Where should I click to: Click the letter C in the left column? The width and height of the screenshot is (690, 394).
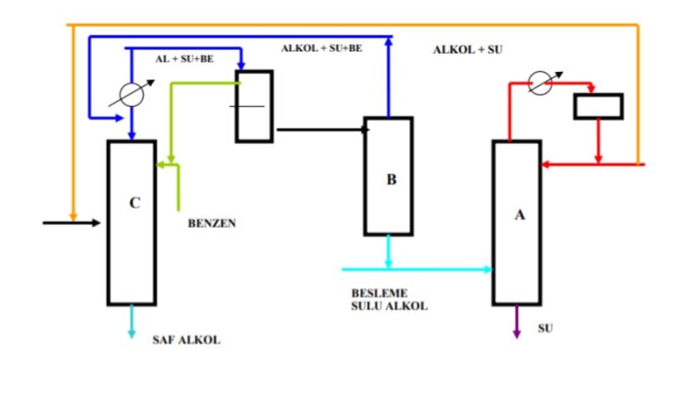tap(135, 202)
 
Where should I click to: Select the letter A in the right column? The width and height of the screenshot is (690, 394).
tap(519, 215)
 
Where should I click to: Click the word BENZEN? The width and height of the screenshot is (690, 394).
tap(212, 223)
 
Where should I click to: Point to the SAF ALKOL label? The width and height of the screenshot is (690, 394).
tap(187, 340)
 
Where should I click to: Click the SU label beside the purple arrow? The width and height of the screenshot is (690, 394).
tap(545, 328)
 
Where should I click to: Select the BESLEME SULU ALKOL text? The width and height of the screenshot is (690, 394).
tap(389, 300)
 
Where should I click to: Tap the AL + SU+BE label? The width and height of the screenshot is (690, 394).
tap(183, 60)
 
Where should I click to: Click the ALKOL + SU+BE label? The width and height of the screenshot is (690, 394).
tap(321, 49)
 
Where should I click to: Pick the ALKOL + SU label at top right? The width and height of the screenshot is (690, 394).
tap(468, 50)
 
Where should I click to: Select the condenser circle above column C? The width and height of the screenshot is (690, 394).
tap(131, 95)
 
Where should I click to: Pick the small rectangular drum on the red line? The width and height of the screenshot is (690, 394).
tap(597, 106)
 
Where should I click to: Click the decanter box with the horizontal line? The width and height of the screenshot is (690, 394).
tap(253, 106)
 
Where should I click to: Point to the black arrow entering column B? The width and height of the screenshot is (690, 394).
tap(322, 130)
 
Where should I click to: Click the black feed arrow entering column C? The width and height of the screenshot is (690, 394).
tap(72, 223)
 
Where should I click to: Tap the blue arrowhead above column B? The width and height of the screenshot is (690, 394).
tap(389, 40)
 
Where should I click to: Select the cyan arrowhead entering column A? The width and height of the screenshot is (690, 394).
tap(487, 269)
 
